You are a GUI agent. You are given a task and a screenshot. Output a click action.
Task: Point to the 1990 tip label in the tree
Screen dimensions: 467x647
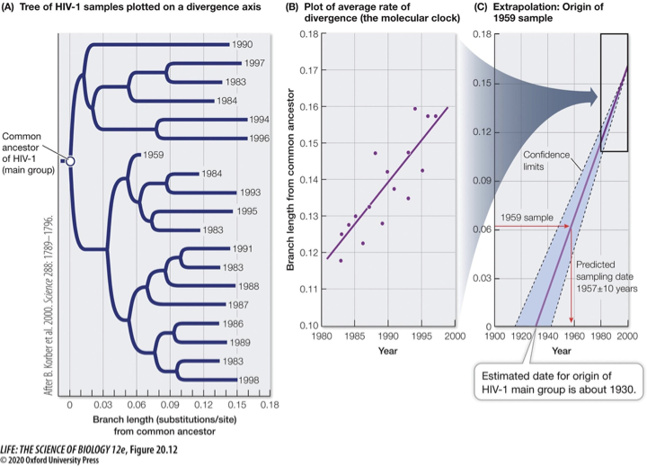pos(241,44)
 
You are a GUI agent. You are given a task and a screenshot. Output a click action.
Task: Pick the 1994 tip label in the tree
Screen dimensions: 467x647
pos(260,119)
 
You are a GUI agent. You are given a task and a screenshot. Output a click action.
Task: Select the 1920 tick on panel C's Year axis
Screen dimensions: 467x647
pos(516,337)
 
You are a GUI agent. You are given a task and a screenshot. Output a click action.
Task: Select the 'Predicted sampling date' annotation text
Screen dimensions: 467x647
pos(605,276)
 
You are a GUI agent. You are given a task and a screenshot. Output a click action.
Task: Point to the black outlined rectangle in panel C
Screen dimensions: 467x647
pos(614,92)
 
